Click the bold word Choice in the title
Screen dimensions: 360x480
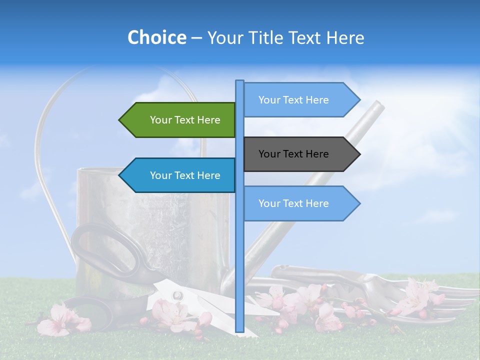[x=156, y=37]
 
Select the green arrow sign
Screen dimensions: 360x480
[x=180, y=120]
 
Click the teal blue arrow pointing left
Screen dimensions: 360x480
[x=180, y=175]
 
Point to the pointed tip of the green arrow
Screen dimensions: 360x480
[x=120, y=120]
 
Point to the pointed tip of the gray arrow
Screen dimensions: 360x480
[x=359, y=154]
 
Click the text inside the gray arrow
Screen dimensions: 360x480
[x=293, y=154]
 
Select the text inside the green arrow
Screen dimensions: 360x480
[x=185, y=120]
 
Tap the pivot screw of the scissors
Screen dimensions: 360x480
[x=176, y=295]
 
